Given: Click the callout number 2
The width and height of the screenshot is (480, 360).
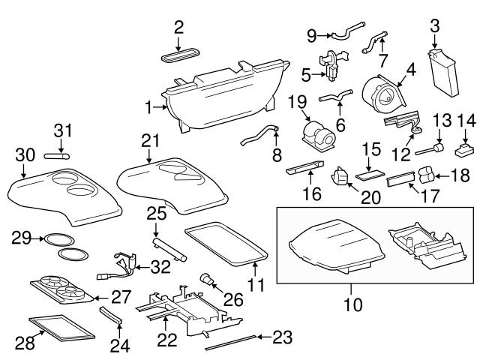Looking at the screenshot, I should [x=178, y=28].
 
